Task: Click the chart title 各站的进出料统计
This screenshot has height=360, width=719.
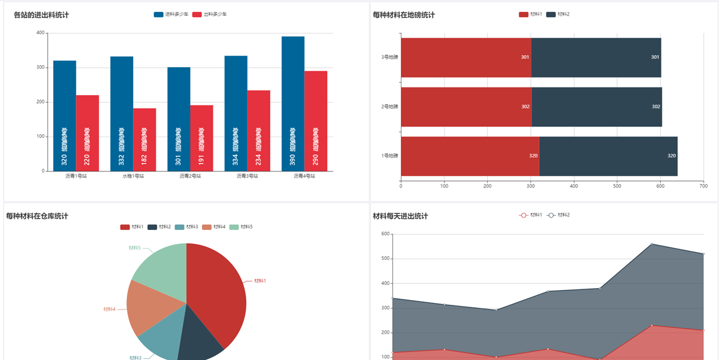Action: coord(41,15)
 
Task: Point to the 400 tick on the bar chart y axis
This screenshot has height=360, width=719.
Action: coord(40,33)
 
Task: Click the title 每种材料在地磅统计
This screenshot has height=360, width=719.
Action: coord(404,15)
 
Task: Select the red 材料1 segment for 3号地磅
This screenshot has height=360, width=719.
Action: coord(466,58)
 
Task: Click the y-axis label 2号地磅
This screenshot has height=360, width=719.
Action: coord(389,107)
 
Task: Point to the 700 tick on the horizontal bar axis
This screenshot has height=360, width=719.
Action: coord(703,186)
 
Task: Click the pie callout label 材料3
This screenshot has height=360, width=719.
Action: coord(135,358)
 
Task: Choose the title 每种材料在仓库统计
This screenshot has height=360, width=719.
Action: coord(37,216)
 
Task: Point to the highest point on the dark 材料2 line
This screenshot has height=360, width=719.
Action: coord(652,244)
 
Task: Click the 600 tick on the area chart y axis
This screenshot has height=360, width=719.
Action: coord(385,234)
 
